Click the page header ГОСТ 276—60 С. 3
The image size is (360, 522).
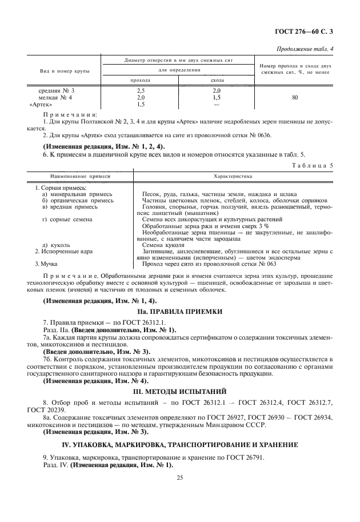[307, 33]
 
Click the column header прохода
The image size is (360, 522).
[141, 80]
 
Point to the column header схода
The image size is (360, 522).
[217, 80]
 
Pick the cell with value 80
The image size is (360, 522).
[295, 98]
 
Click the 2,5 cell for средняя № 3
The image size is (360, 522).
[141, 90]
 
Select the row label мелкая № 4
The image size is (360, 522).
[56, 98]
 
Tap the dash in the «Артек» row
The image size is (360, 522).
[217, 105]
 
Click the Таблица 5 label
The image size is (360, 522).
[314, 165]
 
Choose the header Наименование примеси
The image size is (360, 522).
[72, 176]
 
